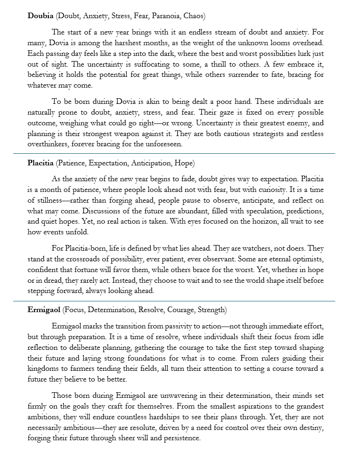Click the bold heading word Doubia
[x=41, y=16]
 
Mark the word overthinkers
[x=50, y=144]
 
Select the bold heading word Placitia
[x=41, y=163]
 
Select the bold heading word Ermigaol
[x=44, y=310]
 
